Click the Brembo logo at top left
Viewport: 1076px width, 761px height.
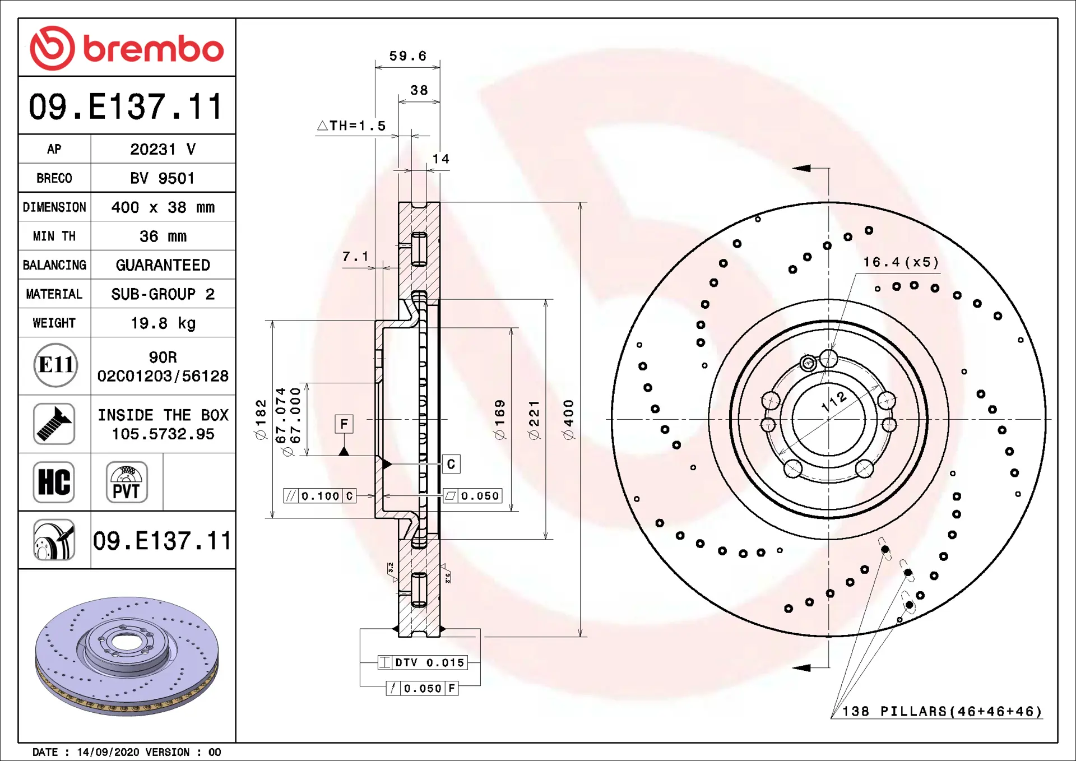pos(127,48)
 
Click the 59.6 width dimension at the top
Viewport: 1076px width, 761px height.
pos(408,56)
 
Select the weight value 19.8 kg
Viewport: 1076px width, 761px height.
pos(163,323)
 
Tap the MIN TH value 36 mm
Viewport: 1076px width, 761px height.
pos(163,236)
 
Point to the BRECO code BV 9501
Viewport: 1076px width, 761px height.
pos(163,178)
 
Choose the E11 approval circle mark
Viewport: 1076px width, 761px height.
pos(55,365)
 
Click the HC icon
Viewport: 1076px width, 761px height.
pos(54,482)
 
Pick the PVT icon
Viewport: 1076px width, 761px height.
pos(127,482)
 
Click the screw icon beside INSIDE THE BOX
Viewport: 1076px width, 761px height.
pos(54,424)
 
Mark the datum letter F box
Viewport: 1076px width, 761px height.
pos(344,424)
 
